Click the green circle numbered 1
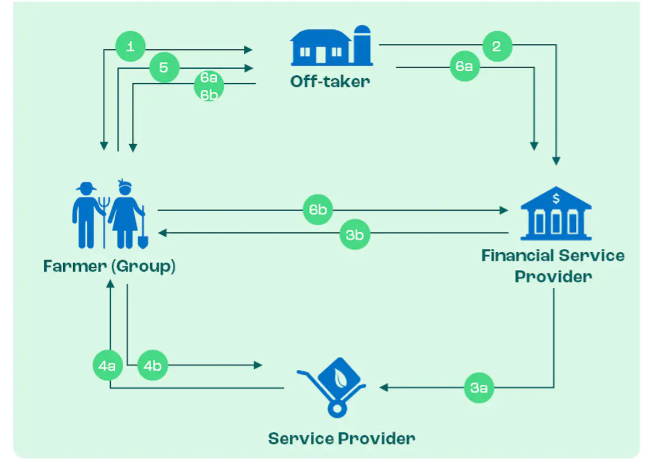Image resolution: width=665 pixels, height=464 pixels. (x=130, y=47)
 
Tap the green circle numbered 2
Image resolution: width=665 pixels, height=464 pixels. (x=497, y=47)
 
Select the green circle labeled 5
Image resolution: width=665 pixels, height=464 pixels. (x=164, y=68)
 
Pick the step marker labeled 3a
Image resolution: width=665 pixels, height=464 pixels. (x=479, y=388)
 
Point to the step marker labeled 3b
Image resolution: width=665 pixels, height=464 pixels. (x=355, y=234)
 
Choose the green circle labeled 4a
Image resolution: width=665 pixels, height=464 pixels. (x=108, y=366)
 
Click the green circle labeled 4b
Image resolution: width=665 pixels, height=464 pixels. (x=152, y=366)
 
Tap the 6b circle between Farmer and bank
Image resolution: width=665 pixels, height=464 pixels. (x=318, y=210)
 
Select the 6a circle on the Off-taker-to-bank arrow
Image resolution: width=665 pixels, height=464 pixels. (x=464, y=67)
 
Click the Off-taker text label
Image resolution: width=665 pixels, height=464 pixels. (x=330, y=82)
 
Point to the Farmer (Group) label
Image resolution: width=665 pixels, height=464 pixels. (x=109, y=267)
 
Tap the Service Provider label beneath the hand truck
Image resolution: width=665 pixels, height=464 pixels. (x=341, y=439)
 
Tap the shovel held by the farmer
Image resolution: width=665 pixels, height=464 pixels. (x=142, y=233)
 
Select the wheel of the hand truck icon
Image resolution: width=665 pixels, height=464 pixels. (x=336, y=409)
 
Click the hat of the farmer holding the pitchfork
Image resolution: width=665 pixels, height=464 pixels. (x=86, y=187)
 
